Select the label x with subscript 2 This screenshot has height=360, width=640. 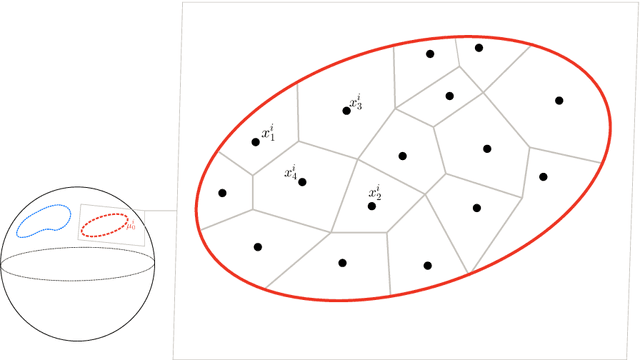coord(374,192)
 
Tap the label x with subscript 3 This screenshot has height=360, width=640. coord(356,102)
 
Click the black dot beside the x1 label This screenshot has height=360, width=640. coord(255,143)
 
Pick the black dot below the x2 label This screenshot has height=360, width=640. coord(372,206)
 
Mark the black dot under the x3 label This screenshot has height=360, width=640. coord(347,110)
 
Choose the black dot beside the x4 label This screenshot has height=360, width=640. coord(302,182)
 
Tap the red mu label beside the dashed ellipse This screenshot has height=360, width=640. coord(131,226)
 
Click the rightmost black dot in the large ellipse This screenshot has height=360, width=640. coord(559,100)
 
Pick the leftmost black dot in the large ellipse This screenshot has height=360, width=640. coord(222,193)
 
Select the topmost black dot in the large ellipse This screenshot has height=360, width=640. coord(478,47)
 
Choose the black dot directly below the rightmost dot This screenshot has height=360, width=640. coord(543,176)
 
